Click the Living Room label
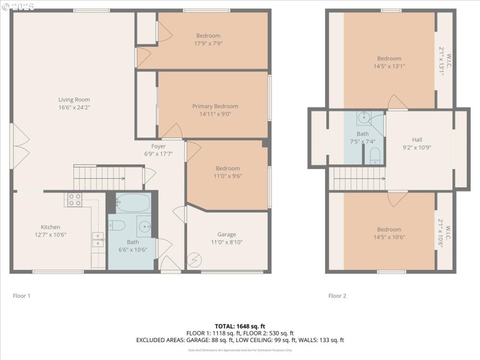[x=74, y=100]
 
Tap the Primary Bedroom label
[x=215, y=106]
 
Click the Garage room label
[x=226, y=235]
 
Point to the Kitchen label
[x=50, y=227]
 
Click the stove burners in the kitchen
[x=74, y=200]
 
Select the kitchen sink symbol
[x=97, y=240]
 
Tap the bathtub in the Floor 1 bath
[x=133, y=203]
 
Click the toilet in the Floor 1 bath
[x=118, y=226]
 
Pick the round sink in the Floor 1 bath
[x=145, y=227]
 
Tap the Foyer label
[x=158, y=146]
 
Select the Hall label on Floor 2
[x=417, y=139]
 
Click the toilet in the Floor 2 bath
[x=375, y=157]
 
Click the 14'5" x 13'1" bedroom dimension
[x=389, y=67]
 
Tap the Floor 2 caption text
[x=337, y=296]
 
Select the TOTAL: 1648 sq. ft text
[x=239, y=326]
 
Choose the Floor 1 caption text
[x=22, y=296]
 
